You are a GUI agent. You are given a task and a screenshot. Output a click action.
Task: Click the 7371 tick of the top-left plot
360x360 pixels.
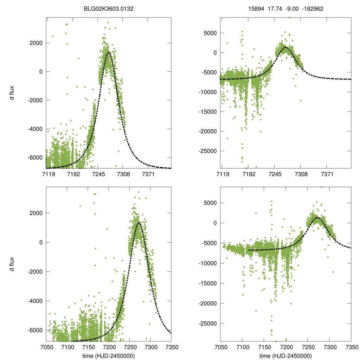click(x=148, y=174)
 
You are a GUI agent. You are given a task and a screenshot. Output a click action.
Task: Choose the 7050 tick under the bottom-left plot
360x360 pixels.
click(x=46, y=347)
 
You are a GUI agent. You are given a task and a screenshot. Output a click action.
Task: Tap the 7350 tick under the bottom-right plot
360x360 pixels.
click(x=351, y=347)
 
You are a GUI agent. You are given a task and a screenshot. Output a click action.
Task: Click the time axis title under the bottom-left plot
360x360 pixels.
click(x=108, y=355)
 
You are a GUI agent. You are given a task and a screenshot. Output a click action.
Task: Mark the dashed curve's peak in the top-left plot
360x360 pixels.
click(x=109, y=52)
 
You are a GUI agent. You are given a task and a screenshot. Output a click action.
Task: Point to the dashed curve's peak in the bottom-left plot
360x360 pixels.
click(x=139, y=222)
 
